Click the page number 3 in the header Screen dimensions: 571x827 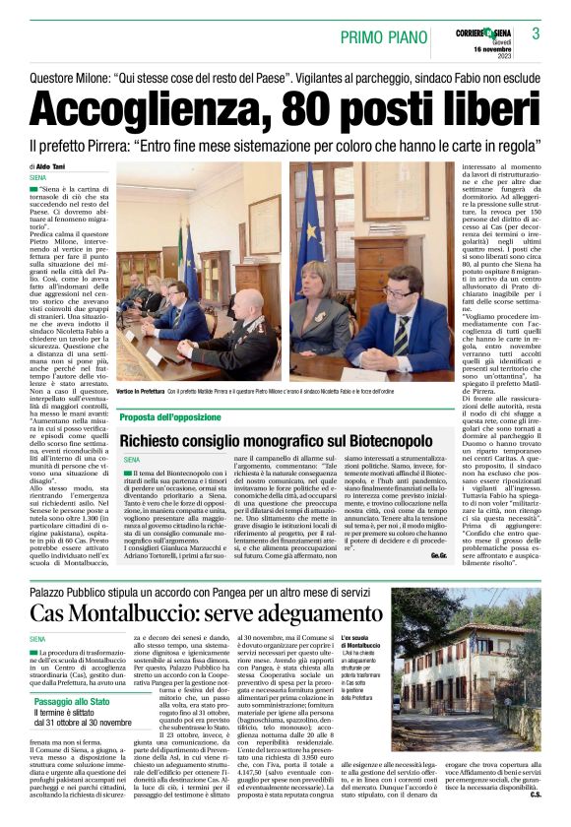point(536,33)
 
